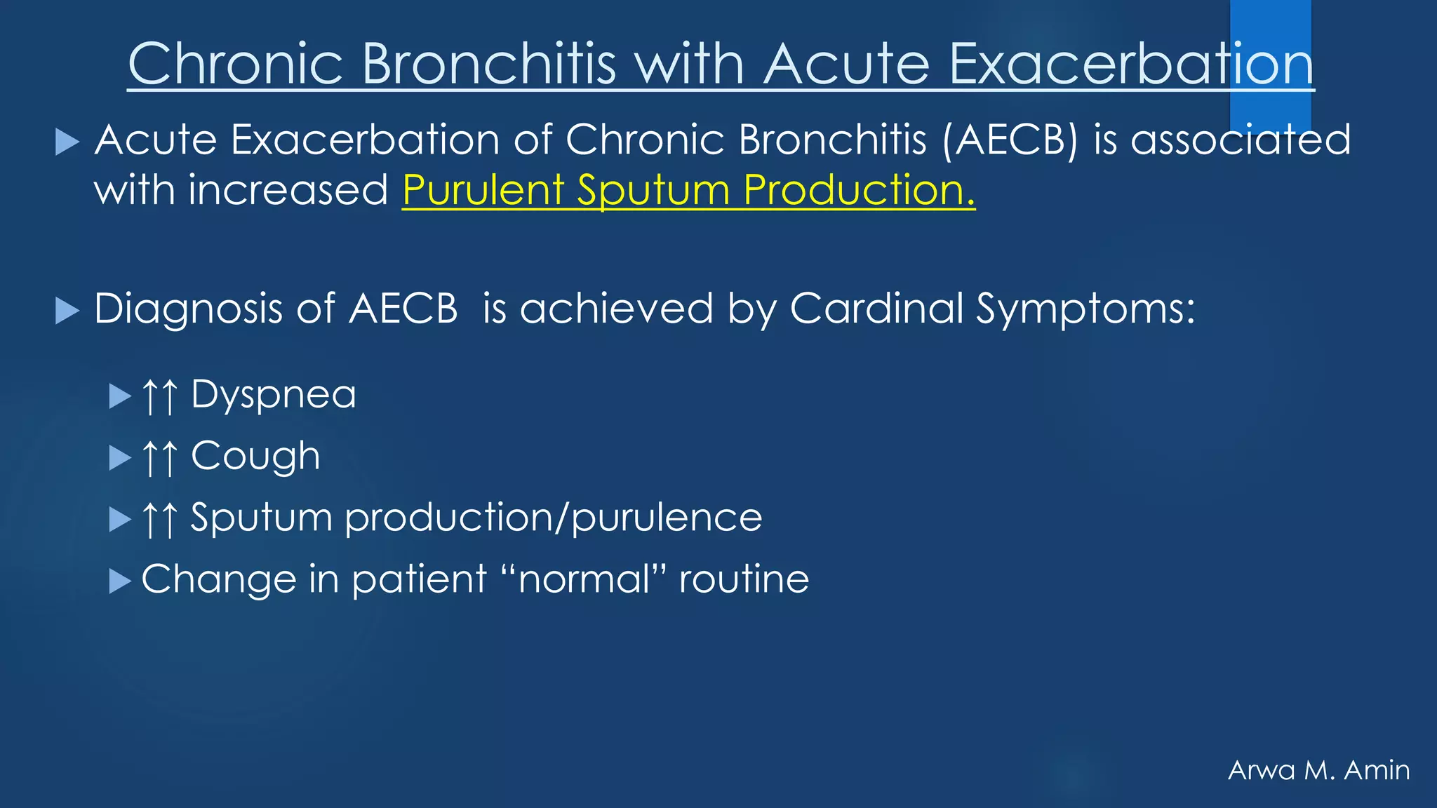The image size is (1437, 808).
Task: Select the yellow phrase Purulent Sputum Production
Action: coord(688,190)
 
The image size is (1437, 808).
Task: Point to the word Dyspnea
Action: coord(274,395)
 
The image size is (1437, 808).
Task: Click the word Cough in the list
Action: coord(255,457)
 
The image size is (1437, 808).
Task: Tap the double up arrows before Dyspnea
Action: coord(160,396)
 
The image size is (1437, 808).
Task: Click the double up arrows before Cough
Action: coord(160,458)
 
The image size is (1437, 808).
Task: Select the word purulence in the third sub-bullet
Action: coord(667,518)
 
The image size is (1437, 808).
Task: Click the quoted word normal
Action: coord(584,580)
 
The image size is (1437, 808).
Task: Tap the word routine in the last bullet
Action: coord(744,580)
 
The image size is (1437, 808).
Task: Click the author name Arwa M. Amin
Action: coord(1318,770)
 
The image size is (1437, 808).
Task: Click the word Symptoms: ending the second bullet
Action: coord(1085,309)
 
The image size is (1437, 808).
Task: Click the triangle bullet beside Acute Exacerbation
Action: coord(67,142)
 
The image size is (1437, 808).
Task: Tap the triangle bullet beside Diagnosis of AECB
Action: coord(67,311)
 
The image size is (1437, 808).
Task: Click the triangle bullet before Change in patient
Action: coord(120,581)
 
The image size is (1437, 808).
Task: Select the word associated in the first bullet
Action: coord(1241,140)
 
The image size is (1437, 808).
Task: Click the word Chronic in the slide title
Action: coord(235,64)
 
